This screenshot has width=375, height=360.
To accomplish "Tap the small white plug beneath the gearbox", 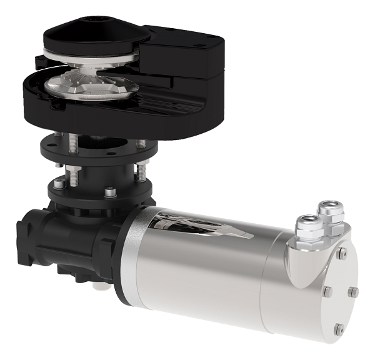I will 98,287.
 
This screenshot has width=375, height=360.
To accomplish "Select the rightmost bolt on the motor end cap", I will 354,291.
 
